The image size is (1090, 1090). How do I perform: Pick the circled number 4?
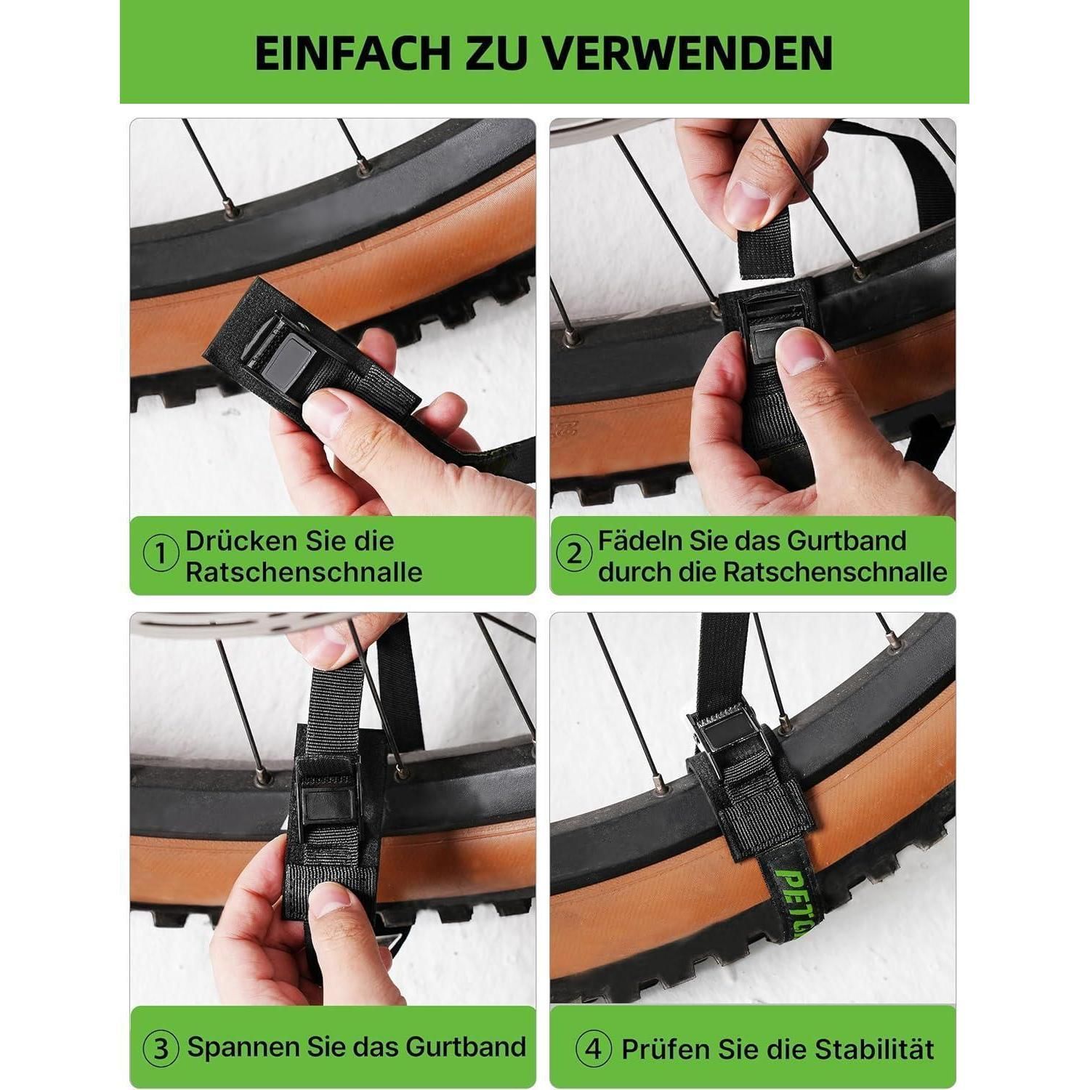point(594,1049)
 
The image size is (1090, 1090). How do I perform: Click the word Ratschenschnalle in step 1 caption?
point(304,572)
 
